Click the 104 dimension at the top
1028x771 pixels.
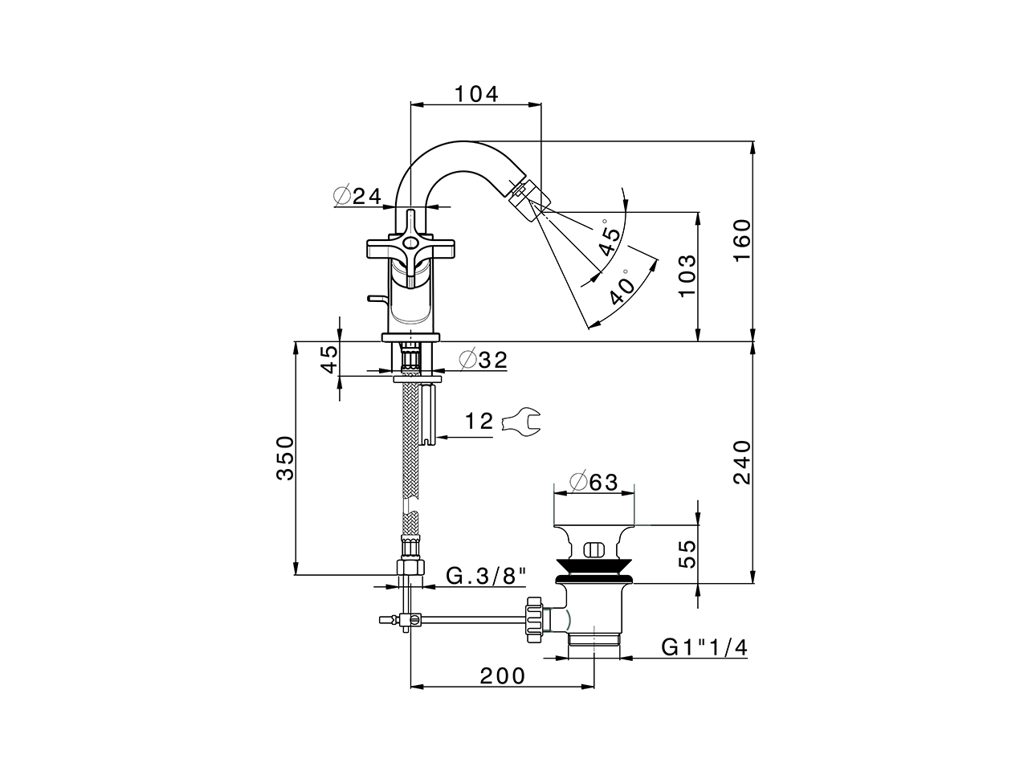click(x=476, y=93)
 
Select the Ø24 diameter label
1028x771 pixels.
click(x=357, y=195)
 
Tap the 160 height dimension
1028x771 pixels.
click(x=740, y=239)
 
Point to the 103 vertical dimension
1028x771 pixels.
click(x=685, y=276)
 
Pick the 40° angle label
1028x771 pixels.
click(x=622, y=291)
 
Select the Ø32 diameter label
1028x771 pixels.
click(x=483, y=360)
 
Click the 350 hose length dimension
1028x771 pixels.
click(x=285, y=458)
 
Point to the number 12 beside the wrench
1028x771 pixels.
click(x=479, y=421)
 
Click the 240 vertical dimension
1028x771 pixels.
click(x=740, y=462)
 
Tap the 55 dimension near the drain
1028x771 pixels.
click(x=685, y=555)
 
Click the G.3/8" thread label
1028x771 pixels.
click(x=487, y=575)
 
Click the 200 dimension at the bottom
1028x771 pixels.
click(x=503, y=675)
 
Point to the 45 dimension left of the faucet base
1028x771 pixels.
click(x=328, y=359)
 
